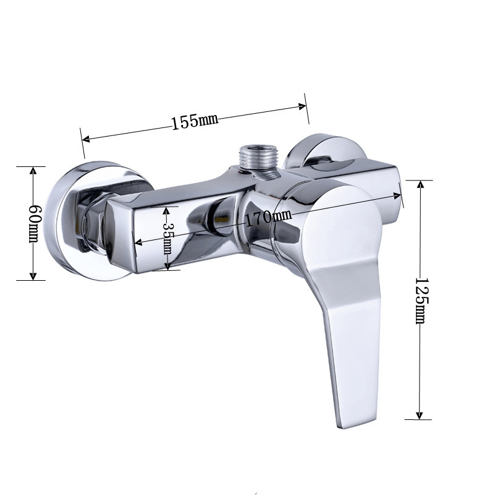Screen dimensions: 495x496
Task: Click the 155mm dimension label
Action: point(195,121)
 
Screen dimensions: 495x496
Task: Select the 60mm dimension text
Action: point(34,223)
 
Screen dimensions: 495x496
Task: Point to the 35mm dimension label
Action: point(167,238)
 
